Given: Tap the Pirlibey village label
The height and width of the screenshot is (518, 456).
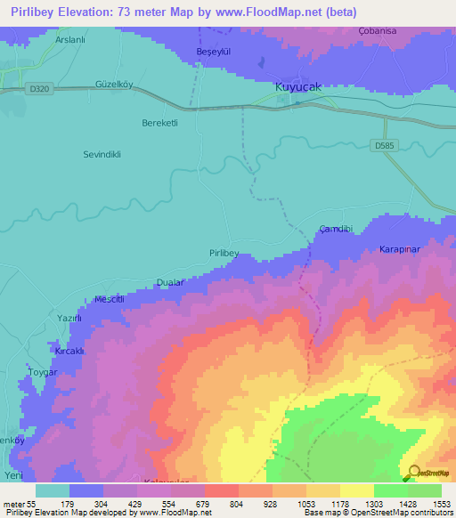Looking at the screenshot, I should [224, 254].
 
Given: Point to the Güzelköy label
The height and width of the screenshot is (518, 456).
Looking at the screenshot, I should [114, 85].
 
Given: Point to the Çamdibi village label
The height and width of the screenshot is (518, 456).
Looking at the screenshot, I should [336, 229].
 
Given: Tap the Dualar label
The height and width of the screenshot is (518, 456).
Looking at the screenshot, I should [169, 281].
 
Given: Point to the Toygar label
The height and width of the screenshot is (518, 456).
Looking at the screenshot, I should [42, 371].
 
